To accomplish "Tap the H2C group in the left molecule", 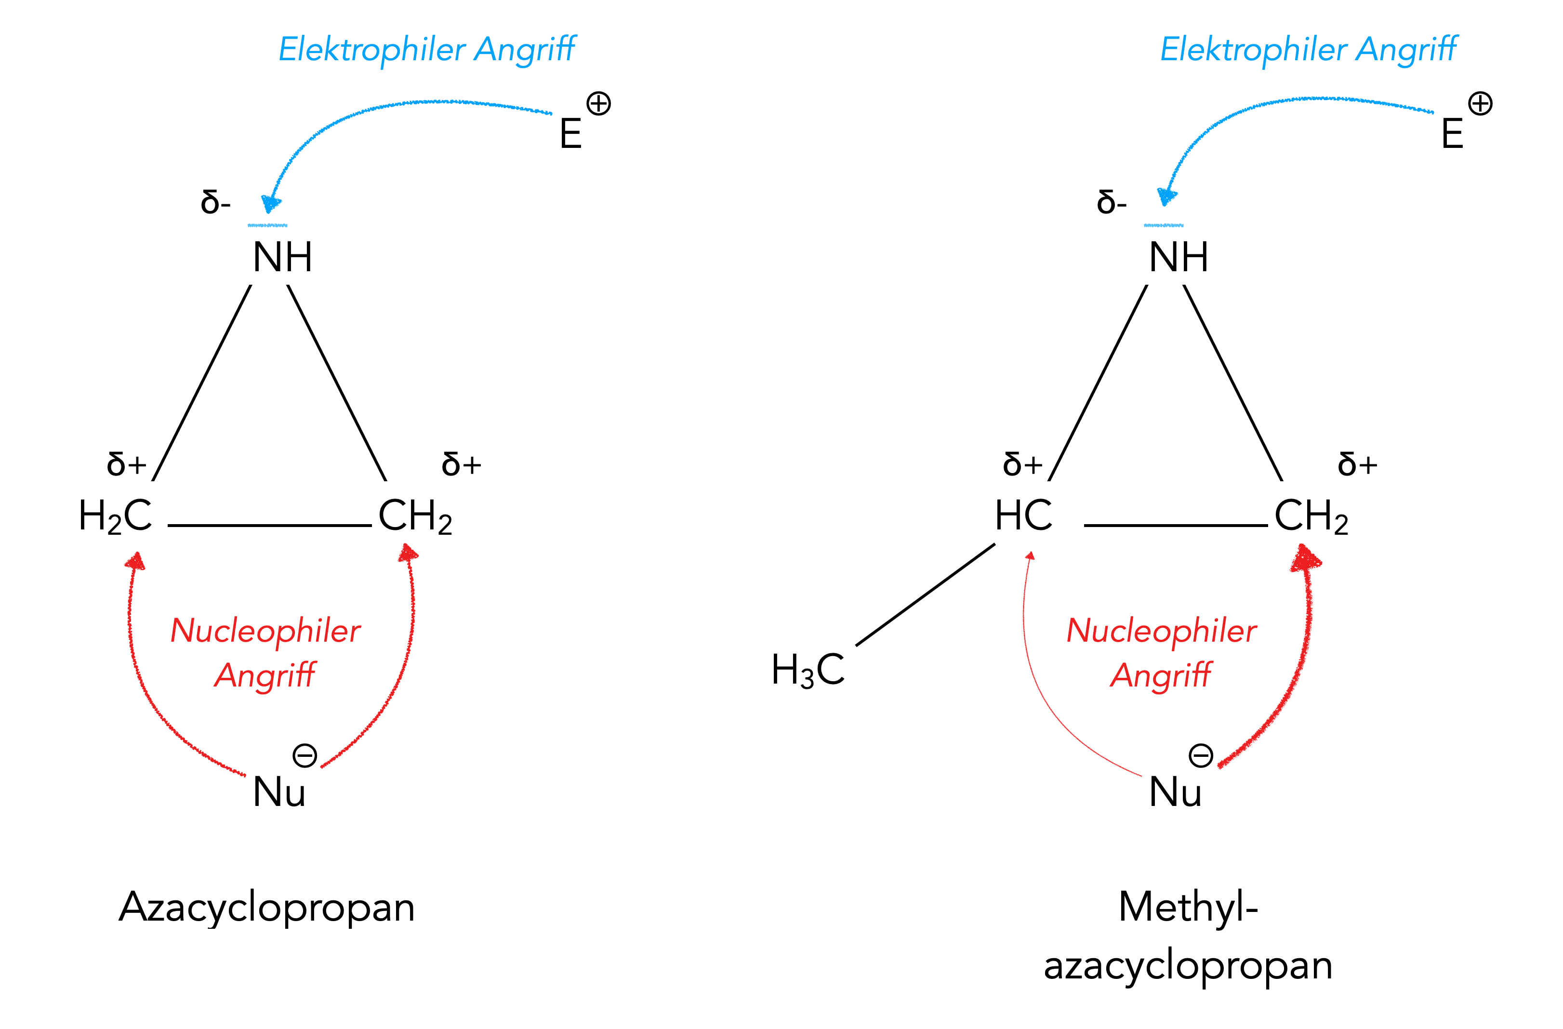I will (x=116, y=516).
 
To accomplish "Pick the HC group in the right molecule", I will (x=1023, y=516).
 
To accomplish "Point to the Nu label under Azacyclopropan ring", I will (x=279, y=792).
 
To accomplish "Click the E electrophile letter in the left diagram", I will (x=570, y=134).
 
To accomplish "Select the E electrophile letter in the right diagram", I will (x=1452, y=134).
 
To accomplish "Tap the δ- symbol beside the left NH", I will (x=215, y=202).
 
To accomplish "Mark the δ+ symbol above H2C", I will (x=127, y=465).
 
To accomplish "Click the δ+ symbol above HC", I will (x=1022, y=465).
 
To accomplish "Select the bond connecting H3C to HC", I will (x=926, y=595).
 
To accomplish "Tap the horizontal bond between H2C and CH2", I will (x=269, y=525).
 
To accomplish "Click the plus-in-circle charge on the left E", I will (x=598, y=104).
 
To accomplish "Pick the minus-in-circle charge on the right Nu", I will (x=1201, y=756).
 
